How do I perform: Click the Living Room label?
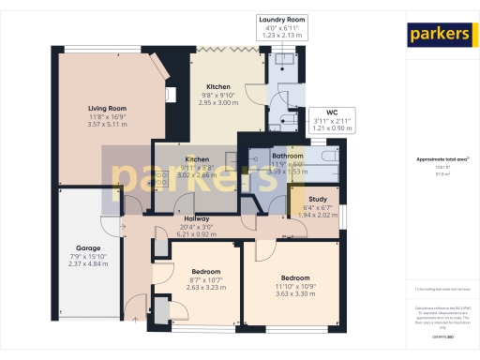coord(106,108)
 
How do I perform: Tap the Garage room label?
coord(88,248)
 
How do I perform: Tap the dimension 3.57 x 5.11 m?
coord(106,124)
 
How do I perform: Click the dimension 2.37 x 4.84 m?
coord(88,264)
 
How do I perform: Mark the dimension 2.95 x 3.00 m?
coord(217,103)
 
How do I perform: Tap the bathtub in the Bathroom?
coord(322,165)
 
